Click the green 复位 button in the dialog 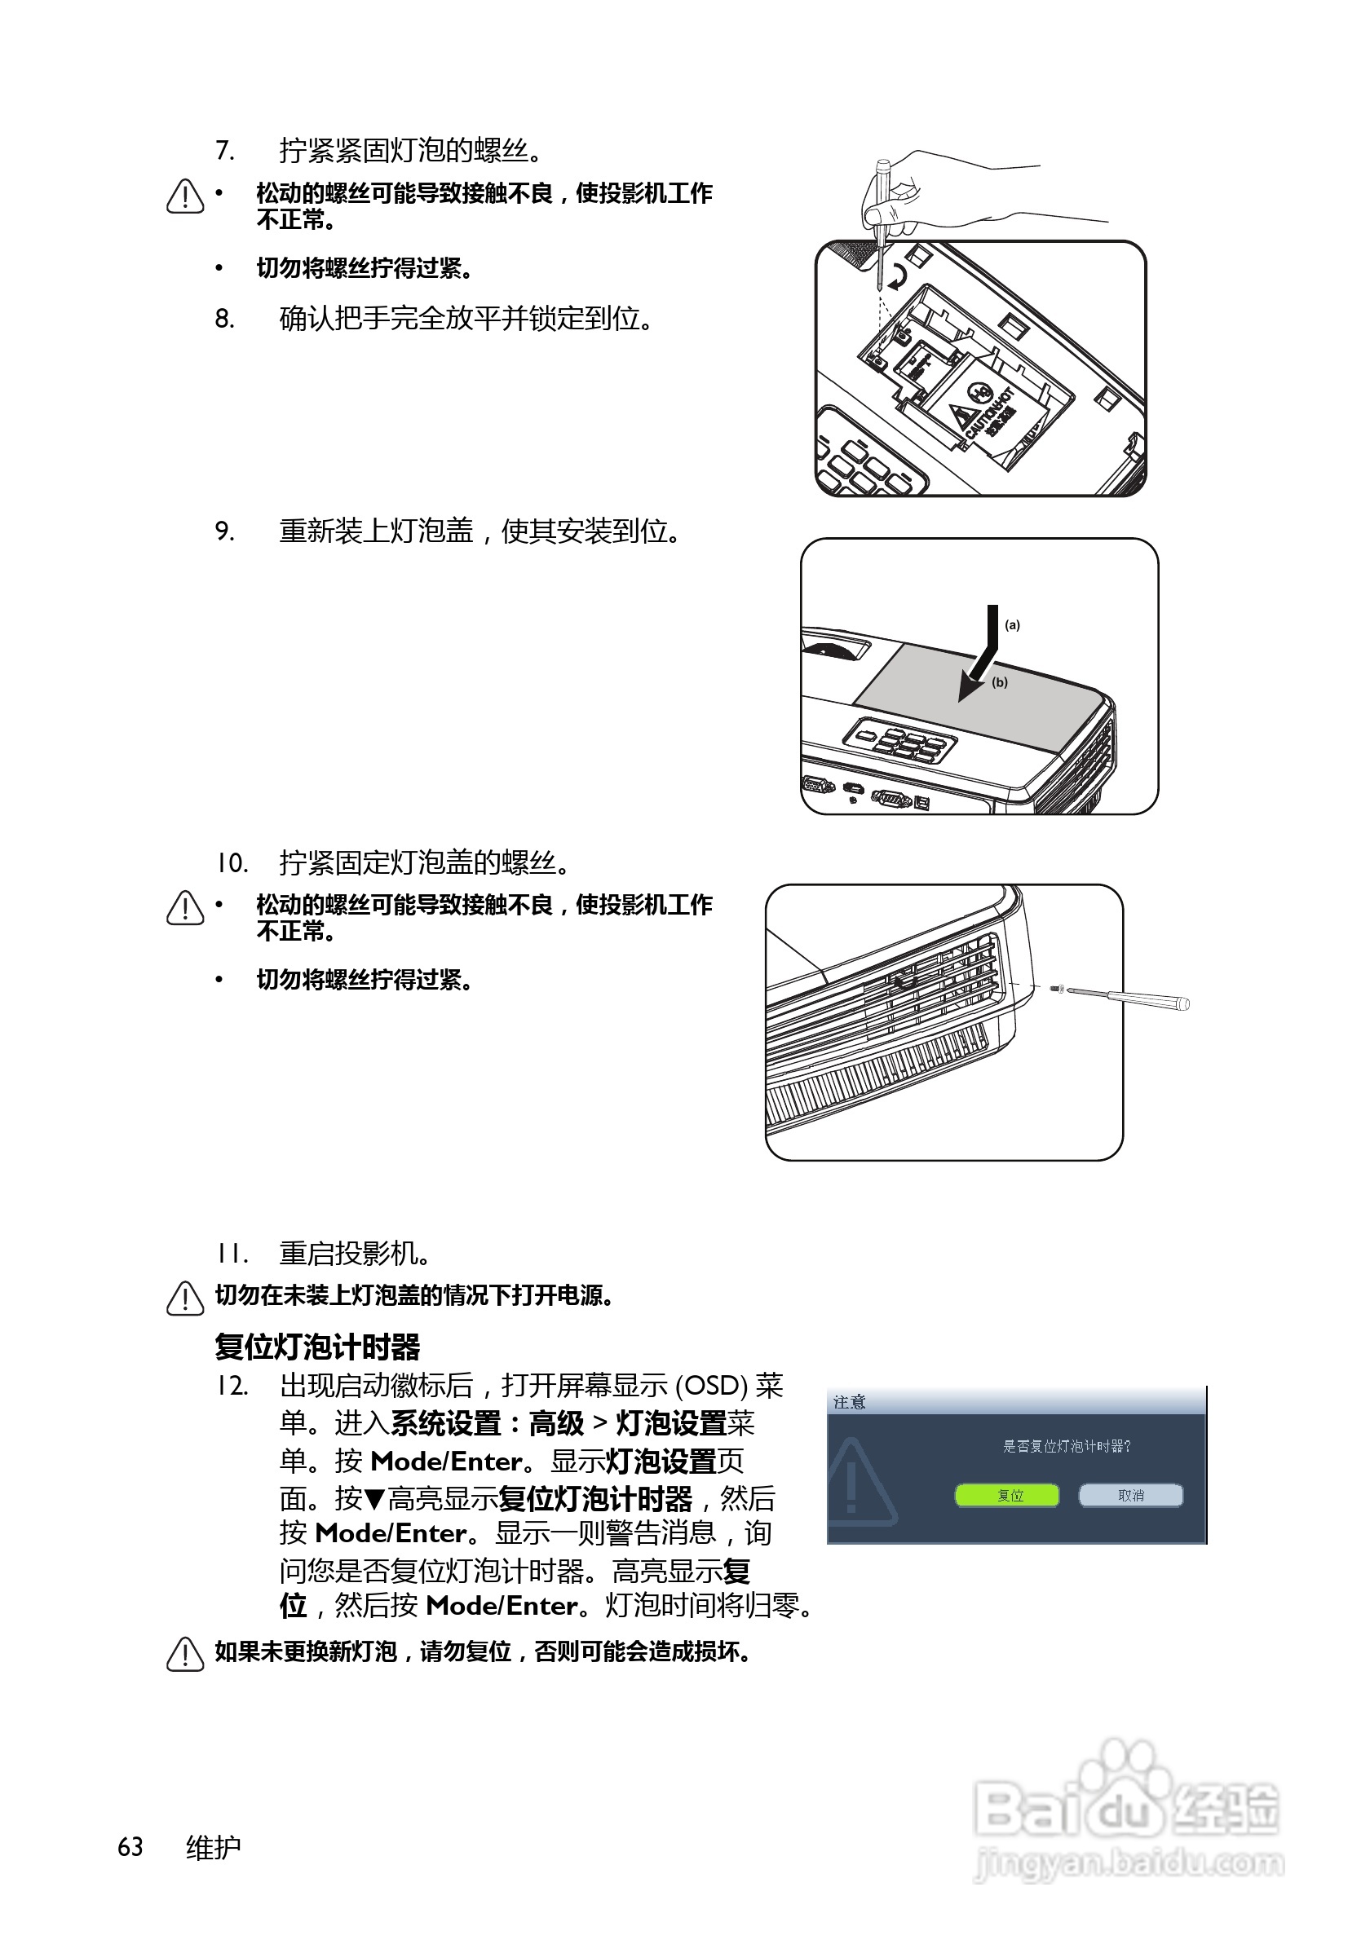(1005, 1495)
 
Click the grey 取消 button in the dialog (1130, 1495)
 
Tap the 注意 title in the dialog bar (849, 1402)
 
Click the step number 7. (224, 151)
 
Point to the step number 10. (231, 862)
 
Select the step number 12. (231, 1386)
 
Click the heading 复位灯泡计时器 (317, 1346)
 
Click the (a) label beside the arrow (1012, 624)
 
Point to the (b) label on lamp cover (1000, 682)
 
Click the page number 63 (130, 1847)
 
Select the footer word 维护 (213, 1847)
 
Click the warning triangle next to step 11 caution (185, 1298)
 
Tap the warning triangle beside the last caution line (185, 1654)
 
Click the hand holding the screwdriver (930, 190)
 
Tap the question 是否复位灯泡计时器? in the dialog (1066, 1446)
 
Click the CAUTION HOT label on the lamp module (989, 412)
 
